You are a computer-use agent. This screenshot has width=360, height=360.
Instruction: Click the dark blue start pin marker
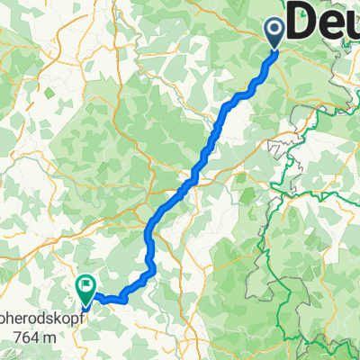275,33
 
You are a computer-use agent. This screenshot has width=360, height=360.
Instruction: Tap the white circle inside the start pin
275,30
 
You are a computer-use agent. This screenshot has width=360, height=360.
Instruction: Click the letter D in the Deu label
303,20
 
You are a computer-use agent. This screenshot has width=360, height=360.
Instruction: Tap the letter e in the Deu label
328,22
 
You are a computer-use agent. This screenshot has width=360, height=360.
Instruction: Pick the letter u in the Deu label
349,22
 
